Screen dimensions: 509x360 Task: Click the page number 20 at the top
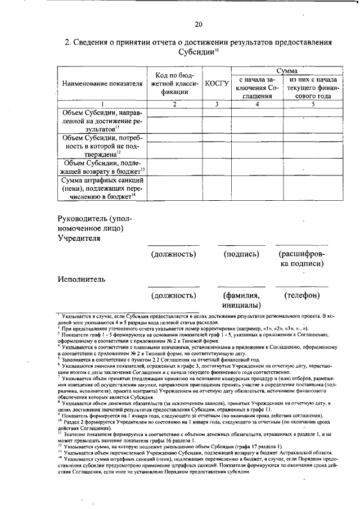click(x=198, y=24)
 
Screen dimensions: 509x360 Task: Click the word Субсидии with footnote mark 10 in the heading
click(x=197, y=51)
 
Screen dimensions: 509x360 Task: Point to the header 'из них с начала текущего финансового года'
click(x=312, y=88)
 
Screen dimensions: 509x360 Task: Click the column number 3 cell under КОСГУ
click(x=217, y=103)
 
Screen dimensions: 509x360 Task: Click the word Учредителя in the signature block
click(x=79, y=238)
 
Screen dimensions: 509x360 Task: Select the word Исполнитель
click(x=81, y=278)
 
